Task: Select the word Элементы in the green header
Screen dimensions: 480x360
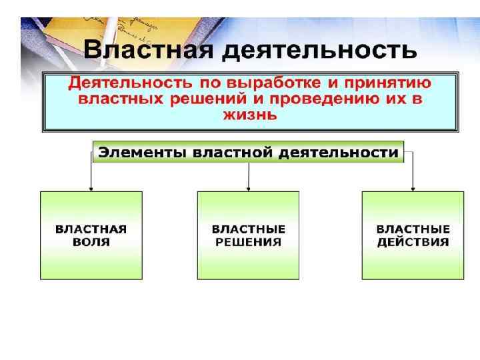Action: (x=142, y=153)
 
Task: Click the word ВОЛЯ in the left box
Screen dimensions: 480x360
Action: (x=91, y=242)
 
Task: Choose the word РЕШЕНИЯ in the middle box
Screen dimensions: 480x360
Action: (x=248, y=242)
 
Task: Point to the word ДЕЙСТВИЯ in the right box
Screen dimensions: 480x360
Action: (x=413, y=242)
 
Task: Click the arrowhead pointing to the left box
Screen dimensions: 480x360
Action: (x=91, y=189)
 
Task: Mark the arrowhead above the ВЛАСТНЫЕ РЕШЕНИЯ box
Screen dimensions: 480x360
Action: (x=248, y=189)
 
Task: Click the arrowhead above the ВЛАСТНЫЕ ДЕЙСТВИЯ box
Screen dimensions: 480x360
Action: (x=413, y=189)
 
